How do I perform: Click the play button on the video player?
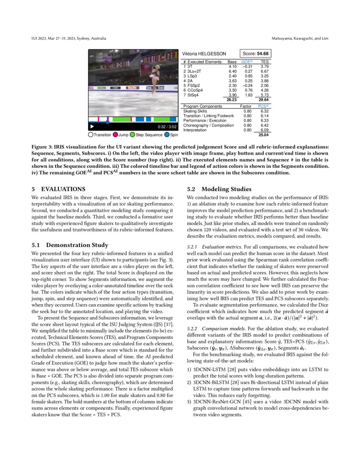92,127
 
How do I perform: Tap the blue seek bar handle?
107,122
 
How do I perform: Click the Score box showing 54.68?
255,54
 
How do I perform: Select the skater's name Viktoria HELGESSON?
204,54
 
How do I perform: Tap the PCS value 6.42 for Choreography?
264,125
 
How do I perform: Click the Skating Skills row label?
195,111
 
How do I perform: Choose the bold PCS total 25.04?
264,136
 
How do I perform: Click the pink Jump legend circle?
115,135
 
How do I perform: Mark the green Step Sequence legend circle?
133,135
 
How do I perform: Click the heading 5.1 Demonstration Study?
70,245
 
